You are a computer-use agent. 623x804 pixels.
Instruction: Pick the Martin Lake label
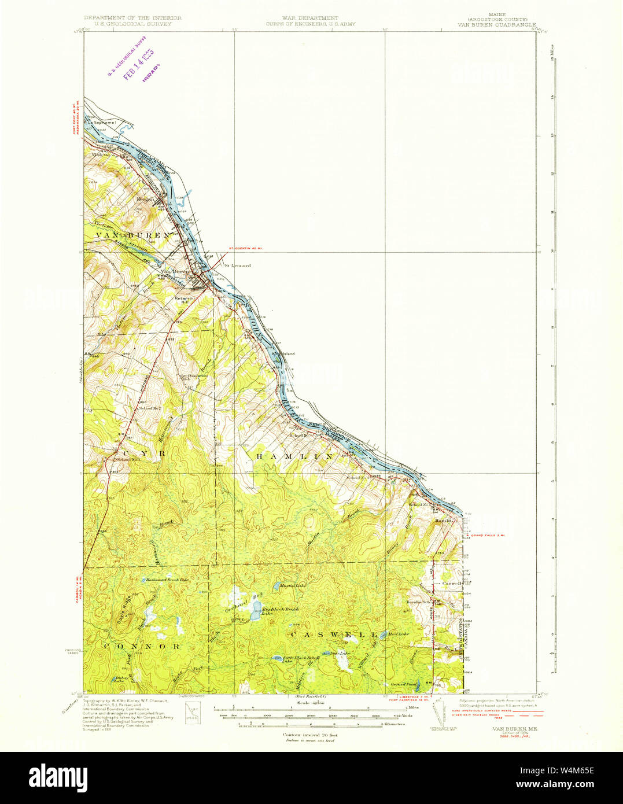pyautogui.click(x=292, y=585)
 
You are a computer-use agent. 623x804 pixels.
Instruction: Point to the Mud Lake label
pyautogui.click(x=399, y=634)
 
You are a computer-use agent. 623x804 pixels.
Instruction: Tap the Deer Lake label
pyautogui.click(x=340, y=653)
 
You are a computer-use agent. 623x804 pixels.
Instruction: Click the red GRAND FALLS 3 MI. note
pyautogui.click(x=488, y=536)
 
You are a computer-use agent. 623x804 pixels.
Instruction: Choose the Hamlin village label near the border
pyautogui.click(x=444, y=521)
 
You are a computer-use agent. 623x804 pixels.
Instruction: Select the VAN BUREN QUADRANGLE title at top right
pyautogui.click(x=492, y=25)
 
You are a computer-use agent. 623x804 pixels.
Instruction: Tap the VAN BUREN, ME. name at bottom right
pyautogui.click(x=514, y=729)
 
